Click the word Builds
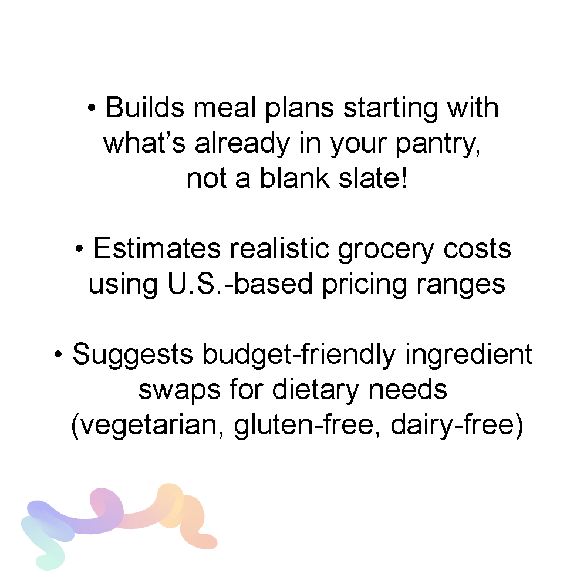click(x=145, y=107)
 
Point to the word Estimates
click(x=157, y=248)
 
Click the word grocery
click(x=386, y=250)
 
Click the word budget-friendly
click(x=299, y=356)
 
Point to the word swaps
click(x=179, y=390)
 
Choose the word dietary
click(x=316, y=390)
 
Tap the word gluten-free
click(x=303, y=426)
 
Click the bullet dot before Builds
click(x=92, y=108)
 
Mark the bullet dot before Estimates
click(x=79, y=248)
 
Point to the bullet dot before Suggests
click(x=58, y=354)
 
